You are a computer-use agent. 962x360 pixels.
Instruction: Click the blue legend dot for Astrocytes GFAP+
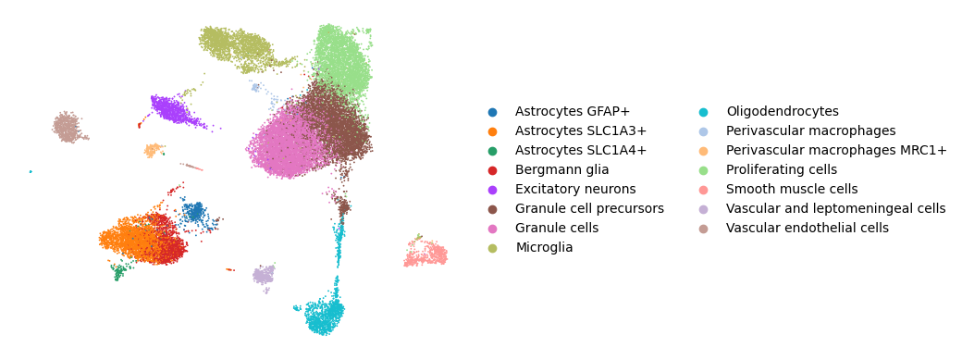(492, 112)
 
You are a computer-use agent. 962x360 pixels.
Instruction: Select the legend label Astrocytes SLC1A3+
(580, 130)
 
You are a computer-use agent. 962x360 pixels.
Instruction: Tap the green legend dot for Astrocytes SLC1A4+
(492, 151)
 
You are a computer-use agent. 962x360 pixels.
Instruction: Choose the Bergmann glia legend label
(562, 169)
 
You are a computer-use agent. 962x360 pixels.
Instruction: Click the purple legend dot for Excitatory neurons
(492, 189)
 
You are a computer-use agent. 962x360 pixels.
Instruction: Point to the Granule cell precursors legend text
(589, 208)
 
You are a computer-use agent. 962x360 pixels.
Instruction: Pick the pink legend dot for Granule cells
(492, 228)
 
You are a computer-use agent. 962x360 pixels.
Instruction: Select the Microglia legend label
(544, 247)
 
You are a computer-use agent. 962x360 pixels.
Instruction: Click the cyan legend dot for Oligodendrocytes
(703, 112)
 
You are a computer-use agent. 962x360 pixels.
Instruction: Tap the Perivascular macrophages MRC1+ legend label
(836, 151)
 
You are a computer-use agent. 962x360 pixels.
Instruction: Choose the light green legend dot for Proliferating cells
(703, 169)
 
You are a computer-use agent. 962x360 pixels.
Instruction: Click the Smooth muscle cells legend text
(792, 189)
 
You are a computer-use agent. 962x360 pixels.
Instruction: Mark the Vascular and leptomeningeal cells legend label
(835, 208)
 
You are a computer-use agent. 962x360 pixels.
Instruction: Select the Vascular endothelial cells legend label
(808, 228)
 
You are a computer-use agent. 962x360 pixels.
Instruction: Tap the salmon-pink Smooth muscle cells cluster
(426, 253)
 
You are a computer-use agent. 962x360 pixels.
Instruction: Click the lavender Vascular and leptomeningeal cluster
(264, 275)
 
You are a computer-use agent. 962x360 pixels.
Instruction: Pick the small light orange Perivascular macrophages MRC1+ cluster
(153, 150)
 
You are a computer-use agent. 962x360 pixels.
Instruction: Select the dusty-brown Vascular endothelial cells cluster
(67, 127)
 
